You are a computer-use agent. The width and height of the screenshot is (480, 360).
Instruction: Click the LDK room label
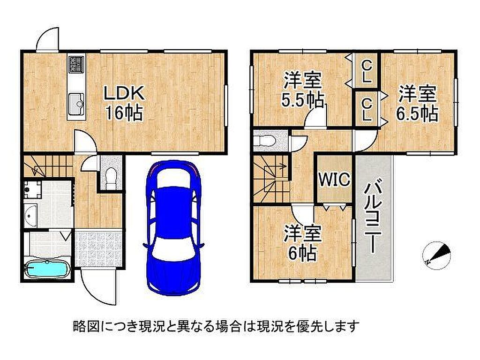pos(124,93)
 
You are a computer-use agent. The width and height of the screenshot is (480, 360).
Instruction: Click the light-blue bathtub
pos(47,269)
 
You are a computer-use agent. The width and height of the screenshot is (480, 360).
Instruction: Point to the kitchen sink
pos(76,104)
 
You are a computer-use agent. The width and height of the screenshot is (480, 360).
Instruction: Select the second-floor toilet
pos(266,141)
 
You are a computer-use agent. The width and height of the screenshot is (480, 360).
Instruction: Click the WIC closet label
pos(334,179)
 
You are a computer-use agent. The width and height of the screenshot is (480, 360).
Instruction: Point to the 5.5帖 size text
pos(302,100)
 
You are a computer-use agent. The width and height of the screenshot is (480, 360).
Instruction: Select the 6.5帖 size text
pos(417,113)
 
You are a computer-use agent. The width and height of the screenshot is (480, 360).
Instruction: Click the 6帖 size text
pos(302,253)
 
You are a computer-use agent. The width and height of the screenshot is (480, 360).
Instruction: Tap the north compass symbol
pos(437,255)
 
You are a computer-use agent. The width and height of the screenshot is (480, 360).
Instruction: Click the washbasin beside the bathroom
pos(30,216)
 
